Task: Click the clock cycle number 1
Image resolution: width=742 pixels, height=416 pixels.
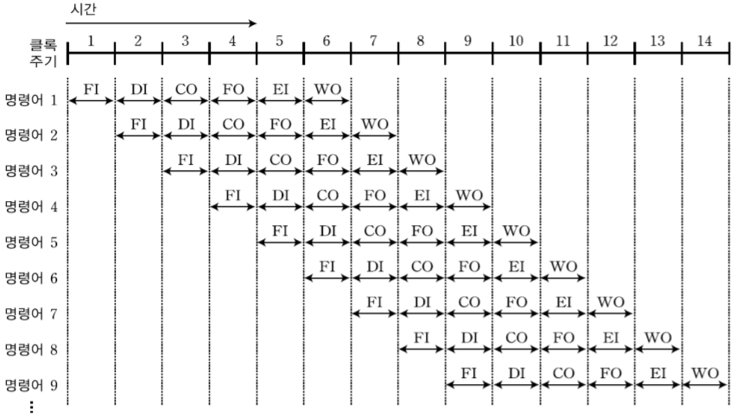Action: tap(91, 40)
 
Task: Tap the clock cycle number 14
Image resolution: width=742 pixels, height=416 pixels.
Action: tap(705, 40)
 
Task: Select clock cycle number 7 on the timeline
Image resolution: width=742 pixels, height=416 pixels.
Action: tap(374, 40)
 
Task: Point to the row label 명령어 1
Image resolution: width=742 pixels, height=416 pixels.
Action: tap(30, 100)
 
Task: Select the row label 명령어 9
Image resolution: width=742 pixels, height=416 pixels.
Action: tap(30, 385)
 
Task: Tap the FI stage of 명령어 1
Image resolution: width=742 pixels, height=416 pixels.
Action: tap(91, 88)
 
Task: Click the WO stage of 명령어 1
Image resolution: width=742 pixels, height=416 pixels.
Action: tap(327, 88)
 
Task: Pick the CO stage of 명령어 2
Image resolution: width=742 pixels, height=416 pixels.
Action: tap(232, 123)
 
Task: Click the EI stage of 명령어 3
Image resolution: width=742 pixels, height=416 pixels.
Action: tap(374, 159)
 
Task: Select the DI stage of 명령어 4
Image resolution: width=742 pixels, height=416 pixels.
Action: tap(280, 195)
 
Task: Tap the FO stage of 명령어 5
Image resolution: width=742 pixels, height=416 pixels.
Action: tap(422, 230)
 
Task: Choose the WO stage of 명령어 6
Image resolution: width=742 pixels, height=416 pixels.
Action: tap(563, 266)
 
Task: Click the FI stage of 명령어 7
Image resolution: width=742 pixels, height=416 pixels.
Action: tap(374, 301)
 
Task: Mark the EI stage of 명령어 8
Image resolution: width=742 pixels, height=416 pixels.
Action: tap(611, 337)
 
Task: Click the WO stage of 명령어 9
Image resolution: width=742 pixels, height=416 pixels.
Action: tap(705, 373)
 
